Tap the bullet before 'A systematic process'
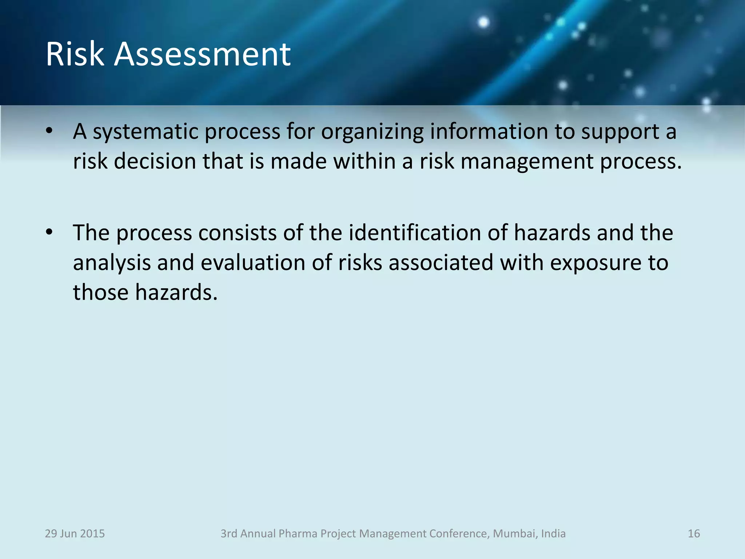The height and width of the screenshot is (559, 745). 49,131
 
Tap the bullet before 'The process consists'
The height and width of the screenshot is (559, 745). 49,232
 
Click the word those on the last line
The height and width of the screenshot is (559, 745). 101,292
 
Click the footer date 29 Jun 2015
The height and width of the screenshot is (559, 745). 75,534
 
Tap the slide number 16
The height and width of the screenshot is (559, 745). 694,534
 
